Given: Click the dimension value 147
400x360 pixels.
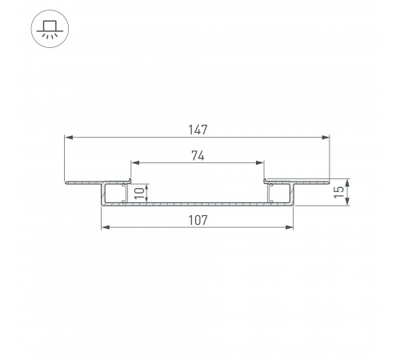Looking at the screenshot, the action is click(x=198, y=130).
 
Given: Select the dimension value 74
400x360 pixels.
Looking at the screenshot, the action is click(x=198, y=156).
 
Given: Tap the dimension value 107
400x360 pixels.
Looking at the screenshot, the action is click(x=198, y=220).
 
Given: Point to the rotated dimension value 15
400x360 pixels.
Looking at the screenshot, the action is click(x=338, y=192).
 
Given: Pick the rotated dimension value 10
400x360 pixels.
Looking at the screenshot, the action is click(x=139, y=193).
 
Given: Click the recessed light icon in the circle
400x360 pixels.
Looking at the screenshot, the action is click(x=50, y=29).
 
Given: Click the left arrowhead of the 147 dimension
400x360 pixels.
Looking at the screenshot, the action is click(x=69, y=138).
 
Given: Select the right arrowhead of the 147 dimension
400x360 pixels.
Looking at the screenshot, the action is click(x=326, y=138).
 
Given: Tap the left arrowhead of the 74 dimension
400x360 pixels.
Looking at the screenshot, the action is click(x=135, y=162).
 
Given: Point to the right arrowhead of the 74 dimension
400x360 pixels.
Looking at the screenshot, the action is click(x=260, y=162).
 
